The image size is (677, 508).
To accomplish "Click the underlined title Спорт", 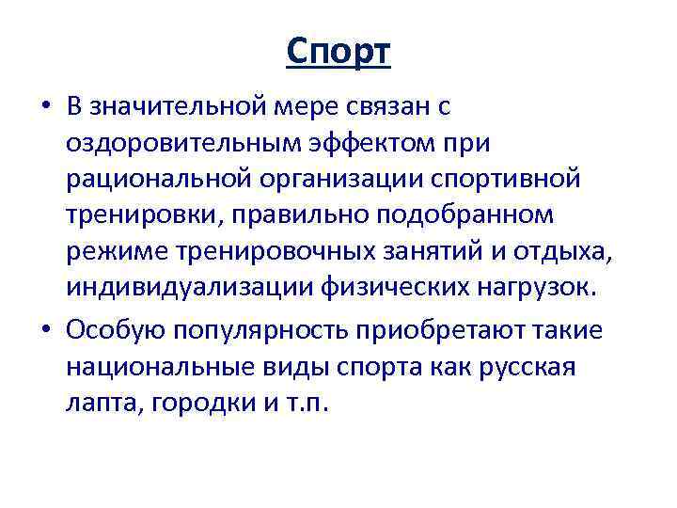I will click(338, 53).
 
